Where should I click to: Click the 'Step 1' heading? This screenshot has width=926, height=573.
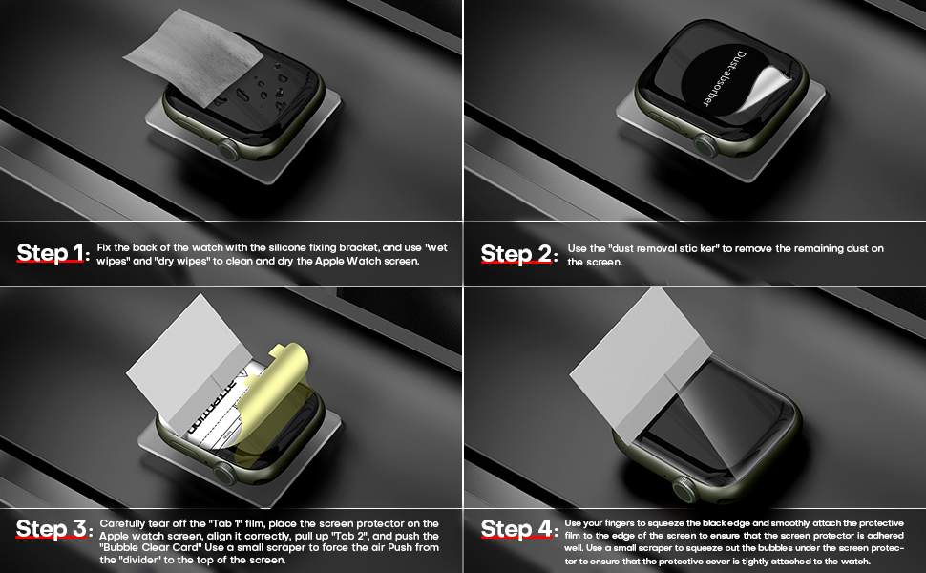51,254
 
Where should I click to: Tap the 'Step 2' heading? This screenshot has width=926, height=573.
515,254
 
